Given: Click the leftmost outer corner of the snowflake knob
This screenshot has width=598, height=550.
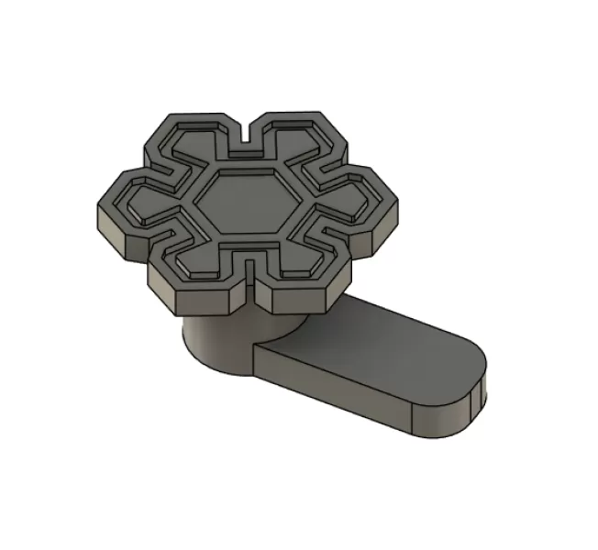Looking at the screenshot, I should [x=96, y=213].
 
